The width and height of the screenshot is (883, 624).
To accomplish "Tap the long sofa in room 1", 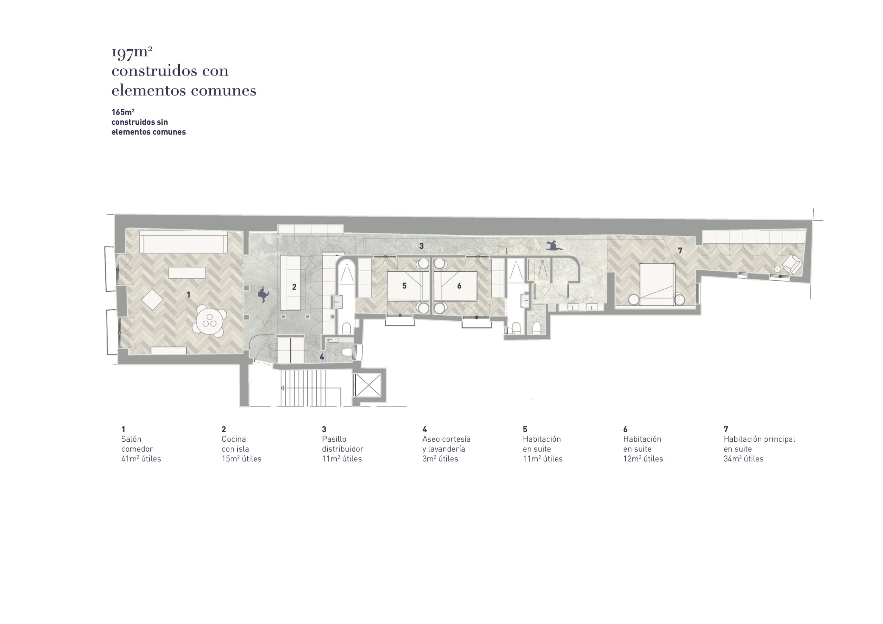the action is tap(183, 241).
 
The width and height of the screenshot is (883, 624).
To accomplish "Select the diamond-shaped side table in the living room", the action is tap(152, 300).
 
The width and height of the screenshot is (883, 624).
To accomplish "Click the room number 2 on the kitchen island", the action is tap(294, 287).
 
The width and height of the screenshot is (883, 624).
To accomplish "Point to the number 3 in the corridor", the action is tap(421, 246).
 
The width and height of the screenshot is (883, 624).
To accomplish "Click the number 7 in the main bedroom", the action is tap(680, 251).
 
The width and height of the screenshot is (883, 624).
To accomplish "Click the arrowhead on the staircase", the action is tap(283, 388).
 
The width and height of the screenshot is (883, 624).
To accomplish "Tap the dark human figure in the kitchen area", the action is tap(264, 294).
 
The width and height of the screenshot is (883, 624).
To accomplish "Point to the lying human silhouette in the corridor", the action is tap(554, 245).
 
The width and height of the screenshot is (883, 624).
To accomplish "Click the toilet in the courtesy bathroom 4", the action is tap(348, 353).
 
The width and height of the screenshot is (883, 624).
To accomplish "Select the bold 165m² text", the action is tap(123, 112).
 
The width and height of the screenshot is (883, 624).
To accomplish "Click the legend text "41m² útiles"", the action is tap(141, 459).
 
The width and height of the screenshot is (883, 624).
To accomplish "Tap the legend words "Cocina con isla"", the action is tap(235, 444).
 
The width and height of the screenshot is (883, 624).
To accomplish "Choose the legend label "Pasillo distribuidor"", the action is tap(343, 444).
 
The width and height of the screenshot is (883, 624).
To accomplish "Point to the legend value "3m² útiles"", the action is tap(440, 459).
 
